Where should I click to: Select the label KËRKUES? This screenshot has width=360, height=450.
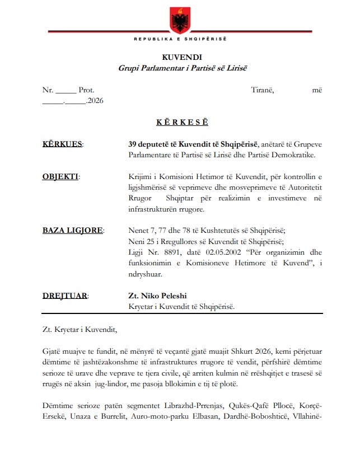click(x=62, y=144)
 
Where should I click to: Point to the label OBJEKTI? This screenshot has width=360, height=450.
click(x=60, y=177)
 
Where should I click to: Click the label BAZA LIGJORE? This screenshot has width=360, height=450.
click(x=72, y=230)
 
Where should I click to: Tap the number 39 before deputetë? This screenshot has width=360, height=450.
click(x=132, y=144)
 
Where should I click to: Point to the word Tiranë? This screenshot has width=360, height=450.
click(x=262, y=90)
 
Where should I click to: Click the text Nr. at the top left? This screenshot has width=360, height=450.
click(x=48, y=90)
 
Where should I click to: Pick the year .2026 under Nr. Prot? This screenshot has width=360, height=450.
click(x=95, y=101)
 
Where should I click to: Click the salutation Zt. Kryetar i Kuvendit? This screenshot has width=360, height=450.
click(x=80, y=328)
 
